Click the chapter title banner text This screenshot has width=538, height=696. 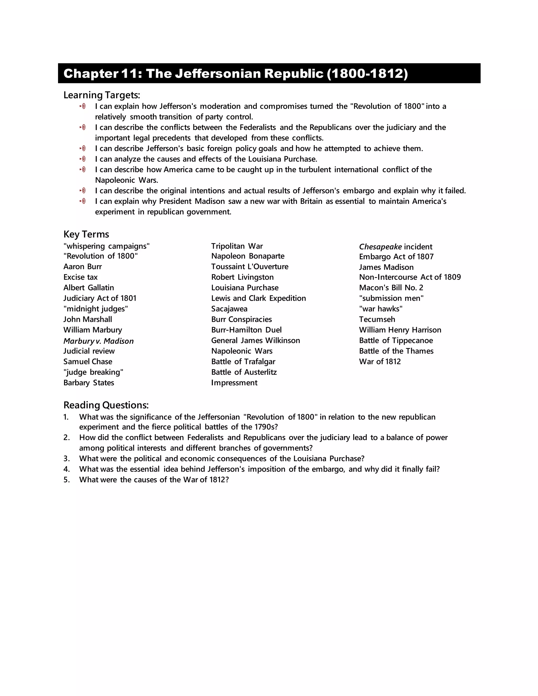click(236, 74)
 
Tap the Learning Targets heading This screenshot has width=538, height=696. click(102, 95)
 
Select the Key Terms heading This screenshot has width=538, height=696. click(86, 234)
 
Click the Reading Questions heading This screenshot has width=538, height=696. click(106, 405)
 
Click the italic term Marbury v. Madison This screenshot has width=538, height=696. click(99, 341)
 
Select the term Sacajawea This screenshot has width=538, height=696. click(229, 309)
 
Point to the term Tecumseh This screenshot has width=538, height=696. click(377, 319)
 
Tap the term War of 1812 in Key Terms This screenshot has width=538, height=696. click(380, 361)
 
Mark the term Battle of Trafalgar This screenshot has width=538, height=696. click(243, 361)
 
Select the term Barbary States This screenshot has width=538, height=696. click(89, 383)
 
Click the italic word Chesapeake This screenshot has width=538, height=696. click(380, 247)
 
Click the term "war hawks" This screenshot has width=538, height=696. click(381, 309)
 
